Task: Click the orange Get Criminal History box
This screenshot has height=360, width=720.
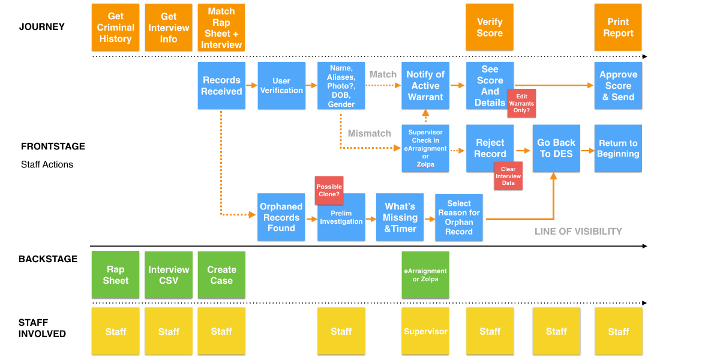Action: (x=115, y=27)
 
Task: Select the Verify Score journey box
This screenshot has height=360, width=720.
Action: (x=490, y=27)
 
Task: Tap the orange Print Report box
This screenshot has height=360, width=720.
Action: (x=618, y=27)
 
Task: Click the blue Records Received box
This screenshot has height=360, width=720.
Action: (x=221, y=85)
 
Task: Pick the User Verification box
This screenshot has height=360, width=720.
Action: (x=281, y=85)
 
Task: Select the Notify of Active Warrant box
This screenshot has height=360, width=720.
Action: (x=425, y=85)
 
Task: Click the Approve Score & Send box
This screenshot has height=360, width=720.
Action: (x=618, y=85)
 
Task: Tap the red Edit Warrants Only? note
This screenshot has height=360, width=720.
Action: (x=521, y=103)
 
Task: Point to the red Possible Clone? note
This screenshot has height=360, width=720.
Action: (x=329, y=190)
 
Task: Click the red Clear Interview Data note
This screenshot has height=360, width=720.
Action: (x=508, y=176)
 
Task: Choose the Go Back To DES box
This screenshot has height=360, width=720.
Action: (x=556, y=148)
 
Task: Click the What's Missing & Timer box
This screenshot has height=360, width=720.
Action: (x=400, y=217)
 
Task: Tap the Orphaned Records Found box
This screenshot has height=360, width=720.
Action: (x=281, y=217)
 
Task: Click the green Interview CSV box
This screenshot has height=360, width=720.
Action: (x=169, y=275)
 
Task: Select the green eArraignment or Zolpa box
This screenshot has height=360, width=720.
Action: (x=425, y=275)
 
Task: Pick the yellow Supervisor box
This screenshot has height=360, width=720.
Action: (x=425, y=331)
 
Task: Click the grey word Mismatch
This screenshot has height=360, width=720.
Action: (x=369, y=133)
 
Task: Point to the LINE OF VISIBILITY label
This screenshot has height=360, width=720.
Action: (x=578, y=231)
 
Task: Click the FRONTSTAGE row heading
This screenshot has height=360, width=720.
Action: (x=53, y=146)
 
